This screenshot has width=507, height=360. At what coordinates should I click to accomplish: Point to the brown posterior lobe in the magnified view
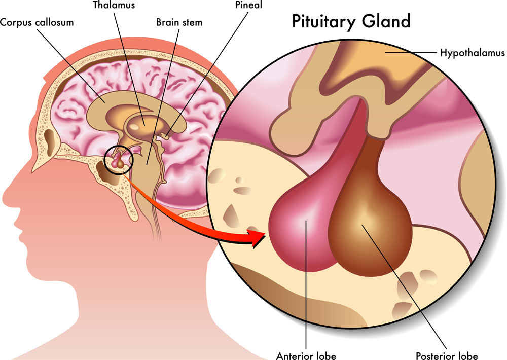368,223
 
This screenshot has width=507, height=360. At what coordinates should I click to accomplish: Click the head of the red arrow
259,236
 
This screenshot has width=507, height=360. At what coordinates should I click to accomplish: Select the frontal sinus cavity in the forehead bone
51,137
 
